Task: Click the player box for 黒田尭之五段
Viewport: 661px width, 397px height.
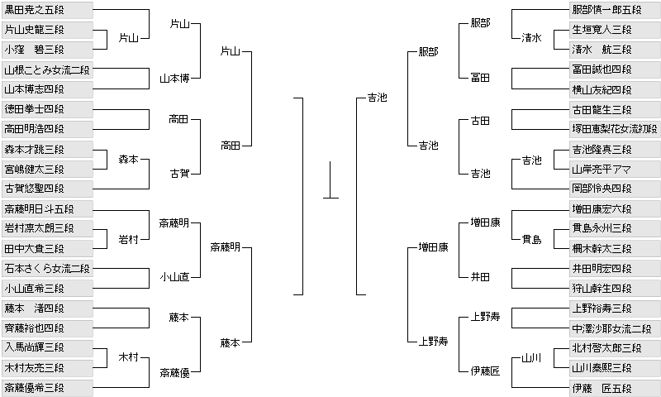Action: click(46, 10)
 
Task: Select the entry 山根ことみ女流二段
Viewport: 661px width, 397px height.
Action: click(46, 69)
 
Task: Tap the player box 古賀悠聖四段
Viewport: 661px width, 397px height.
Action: click(46, 189)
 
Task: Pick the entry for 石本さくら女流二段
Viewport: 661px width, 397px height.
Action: click(46, 268)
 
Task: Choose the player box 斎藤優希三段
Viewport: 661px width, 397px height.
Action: click(46, 387)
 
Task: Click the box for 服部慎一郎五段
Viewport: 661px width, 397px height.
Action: click(614, 10)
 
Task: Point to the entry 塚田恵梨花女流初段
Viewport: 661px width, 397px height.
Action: click(614, 129)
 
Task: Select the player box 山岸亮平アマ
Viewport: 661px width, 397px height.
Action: click(614, 169)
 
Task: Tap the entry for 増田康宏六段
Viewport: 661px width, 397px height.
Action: click(614, 208)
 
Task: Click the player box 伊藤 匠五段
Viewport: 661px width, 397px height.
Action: click(614, 387)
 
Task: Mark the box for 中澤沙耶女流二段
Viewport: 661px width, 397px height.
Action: click(614, 328)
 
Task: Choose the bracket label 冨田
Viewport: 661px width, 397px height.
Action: click(480, 78)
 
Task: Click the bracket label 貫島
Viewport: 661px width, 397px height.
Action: click(531, 240)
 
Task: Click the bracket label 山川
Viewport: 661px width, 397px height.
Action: click(531, 358)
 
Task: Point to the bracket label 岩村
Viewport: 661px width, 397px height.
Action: click(128, 239)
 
